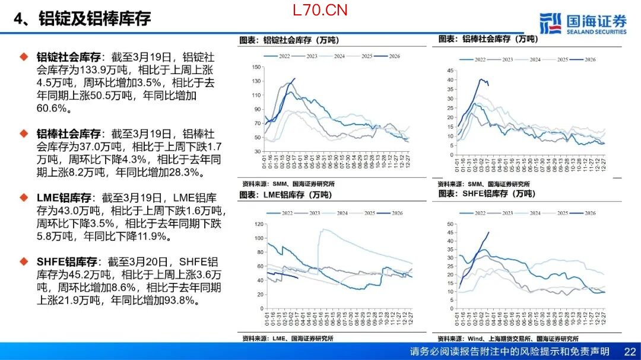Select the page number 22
pos(630,352)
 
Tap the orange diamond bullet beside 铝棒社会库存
pos(24,133)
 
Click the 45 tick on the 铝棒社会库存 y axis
pos(450,71)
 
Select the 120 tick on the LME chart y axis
pos(258,224)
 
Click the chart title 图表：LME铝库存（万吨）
pos(285,195)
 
